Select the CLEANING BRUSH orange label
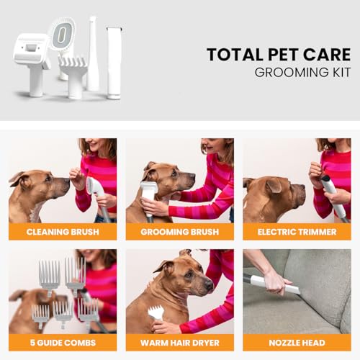(63, 232)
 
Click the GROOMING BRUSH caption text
(180, 232)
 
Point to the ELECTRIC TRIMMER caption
(297, 232)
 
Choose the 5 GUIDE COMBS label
(63, 343)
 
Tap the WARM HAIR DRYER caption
(180, 343)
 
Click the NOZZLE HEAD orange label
(297, 343)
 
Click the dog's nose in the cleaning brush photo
(66, 181)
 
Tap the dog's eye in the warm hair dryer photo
(189, 274)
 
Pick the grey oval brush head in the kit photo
(62, 34)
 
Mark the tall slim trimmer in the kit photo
(114, 63)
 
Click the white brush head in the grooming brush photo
(149, 189)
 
